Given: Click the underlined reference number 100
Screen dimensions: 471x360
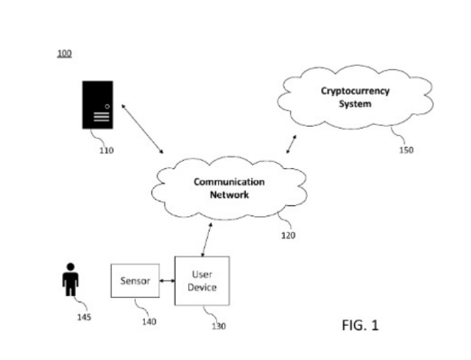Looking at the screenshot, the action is [64, 53].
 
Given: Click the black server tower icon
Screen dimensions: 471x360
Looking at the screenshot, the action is [97, 104].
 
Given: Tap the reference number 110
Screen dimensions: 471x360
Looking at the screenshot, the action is [106, 150].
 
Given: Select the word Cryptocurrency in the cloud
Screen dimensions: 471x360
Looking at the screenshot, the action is [355, 91].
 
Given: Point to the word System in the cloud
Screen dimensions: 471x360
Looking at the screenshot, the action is [355, 103].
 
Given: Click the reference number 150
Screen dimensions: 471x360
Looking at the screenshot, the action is [406, 149].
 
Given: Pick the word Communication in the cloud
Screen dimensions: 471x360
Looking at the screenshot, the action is [229, 182].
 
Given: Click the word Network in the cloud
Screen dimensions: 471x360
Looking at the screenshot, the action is [229, 194].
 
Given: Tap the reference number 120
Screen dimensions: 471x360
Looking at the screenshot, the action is [288, 235].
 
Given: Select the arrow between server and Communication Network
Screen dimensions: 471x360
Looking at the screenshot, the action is [142, 129].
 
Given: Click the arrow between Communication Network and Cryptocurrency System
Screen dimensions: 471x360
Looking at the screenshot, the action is [292, 144].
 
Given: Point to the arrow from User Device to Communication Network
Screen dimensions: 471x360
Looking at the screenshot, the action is [206, 240].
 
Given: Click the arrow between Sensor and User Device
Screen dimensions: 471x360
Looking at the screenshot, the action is [167, 281].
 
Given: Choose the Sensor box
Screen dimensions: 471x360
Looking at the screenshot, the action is [135, 281].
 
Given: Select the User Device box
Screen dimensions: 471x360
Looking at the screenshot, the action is [202, 281].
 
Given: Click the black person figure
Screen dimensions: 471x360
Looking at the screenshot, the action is [70, 280].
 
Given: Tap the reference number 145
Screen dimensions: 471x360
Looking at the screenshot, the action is [84, 317].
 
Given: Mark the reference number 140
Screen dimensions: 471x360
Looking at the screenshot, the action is [149, 321].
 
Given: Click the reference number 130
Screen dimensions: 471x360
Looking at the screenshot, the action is [219, 326].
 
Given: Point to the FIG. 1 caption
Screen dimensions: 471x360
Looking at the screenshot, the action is [360, 325].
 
